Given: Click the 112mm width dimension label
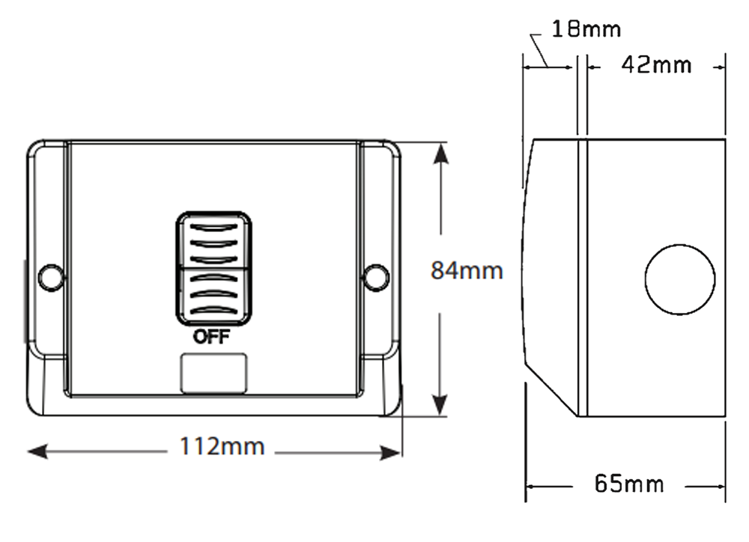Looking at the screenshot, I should tap(222, 447).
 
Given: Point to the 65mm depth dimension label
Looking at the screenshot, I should tap(628, 484).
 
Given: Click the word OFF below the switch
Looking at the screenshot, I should tap(212, 336).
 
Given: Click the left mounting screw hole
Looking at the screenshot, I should tap(49, 276).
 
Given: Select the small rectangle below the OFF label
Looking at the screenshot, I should tap(213, 373).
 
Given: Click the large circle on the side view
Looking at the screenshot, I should tap(679, 279).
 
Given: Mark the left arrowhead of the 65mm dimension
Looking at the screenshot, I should tap(532, 487).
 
